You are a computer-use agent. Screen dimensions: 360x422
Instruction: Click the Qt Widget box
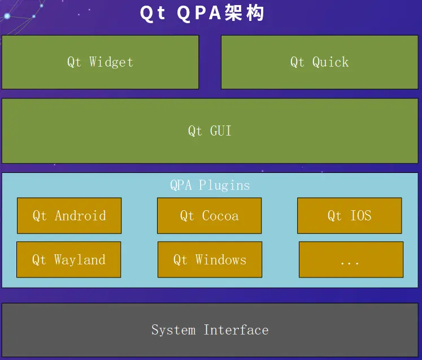tap(100, 62)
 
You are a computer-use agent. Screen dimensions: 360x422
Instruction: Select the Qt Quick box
tap(319, 62)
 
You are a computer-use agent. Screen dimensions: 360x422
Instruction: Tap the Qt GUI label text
tap(210, 131)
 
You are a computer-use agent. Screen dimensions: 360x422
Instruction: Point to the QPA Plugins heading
tap(210, 185)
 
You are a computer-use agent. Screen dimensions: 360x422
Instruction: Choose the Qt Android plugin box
tap(69, 215)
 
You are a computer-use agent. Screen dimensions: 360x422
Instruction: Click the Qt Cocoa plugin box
tap(209, 215)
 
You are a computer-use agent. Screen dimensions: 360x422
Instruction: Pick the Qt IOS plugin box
tap(349, 215)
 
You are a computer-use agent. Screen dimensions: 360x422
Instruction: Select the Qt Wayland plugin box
tap(68, 259)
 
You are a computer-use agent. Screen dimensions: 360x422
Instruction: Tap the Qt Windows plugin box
tap(210, 259)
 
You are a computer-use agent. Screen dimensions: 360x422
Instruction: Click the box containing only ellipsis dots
tap(351, 259)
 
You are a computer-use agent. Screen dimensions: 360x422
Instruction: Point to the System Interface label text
tap(210, 329)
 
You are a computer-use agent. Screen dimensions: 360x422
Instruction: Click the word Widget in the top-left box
tap(111, 62)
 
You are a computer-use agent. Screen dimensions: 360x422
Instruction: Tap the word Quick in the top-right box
tap(330, 62)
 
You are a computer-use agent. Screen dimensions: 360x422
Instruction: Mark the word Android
tap(80, 215)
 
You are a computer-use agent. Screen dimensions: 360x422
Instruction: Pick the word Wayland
tap(80, 259)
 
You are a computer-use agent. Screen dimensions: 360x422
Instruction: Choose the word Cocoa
tap(220, 215)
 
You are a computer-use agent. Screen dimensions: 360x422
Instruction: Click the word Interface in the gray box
tap(236, 329)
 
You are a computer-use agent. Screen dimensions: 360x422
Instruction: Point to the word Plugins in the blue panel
tap(224, 185)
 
